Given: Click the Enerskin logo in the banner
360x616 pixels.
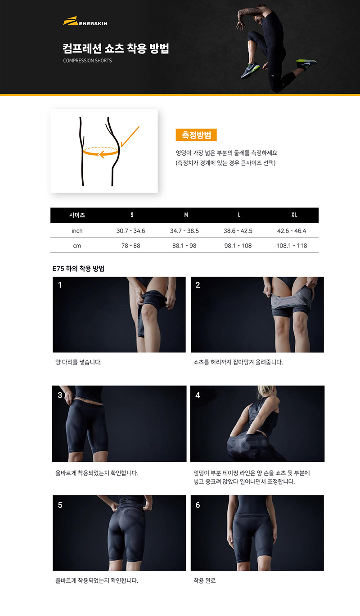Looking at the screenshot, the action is [x=85, y=21].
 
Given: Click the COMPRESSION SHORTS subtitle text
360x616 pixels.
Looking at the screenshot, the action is [x=87, y=60].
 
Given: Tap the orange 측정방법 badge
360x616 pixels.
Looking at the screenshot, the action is [x=196, y=135].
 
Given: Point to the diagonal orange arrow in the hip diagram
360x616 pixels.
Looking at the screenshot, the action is [x=130, y=136].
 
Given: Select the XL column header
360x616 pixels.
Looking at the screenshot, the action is [x=294, y=215].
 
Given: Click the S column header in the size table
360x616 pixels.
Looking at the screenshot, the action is [x=132, y=215].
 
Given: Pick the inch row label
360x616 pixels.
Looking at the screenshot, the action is [x=77, y=231].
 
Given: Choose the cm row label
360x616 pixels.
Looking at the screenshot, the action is [x=77, y=246].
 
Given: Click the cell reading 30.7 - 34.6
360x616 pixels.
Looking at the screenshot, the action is [x=130, y=231].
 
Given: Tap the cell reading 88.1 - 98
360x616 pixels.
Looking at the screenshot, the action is [x=184, y=246].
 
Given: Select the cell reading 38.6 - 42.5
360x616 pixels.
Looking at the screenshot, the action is [x=238, y=231].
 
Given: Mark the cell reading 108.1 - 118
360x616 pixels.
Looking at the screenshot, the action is [x=292, y=246].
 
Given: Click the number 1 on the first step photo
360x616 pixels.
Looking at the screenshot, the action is [x=60, y=285].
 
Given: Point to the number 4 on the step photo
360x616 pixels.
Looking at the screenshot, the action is [x=198, y=395].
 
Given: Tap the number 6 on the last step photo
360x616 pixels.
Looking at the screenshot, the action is [x=198, y=505].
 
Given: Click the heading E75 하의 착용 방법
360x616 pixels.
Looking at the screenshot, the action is [x=78, y=268].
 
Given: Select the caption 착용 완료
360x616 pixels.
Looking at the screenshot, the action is [x=204, y=580].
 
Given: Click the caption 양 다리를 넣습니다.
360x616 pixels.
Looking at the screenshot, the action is [x=78, y=362].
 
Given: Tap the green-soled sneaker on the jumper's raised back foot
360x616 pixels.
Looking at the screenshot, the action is [x=306, y=64].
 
